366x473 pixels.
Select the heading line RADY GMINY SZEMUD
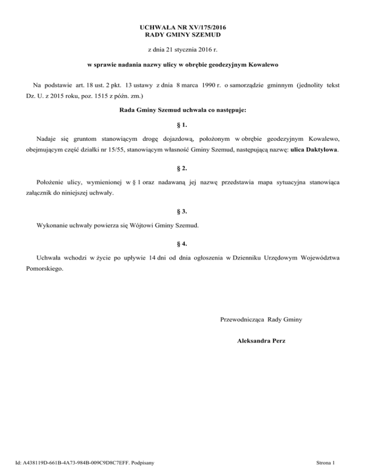point(183,35)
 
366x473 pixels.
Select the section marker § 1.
point(182,126)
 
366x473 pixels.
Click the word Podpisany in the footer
point(146,462)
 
